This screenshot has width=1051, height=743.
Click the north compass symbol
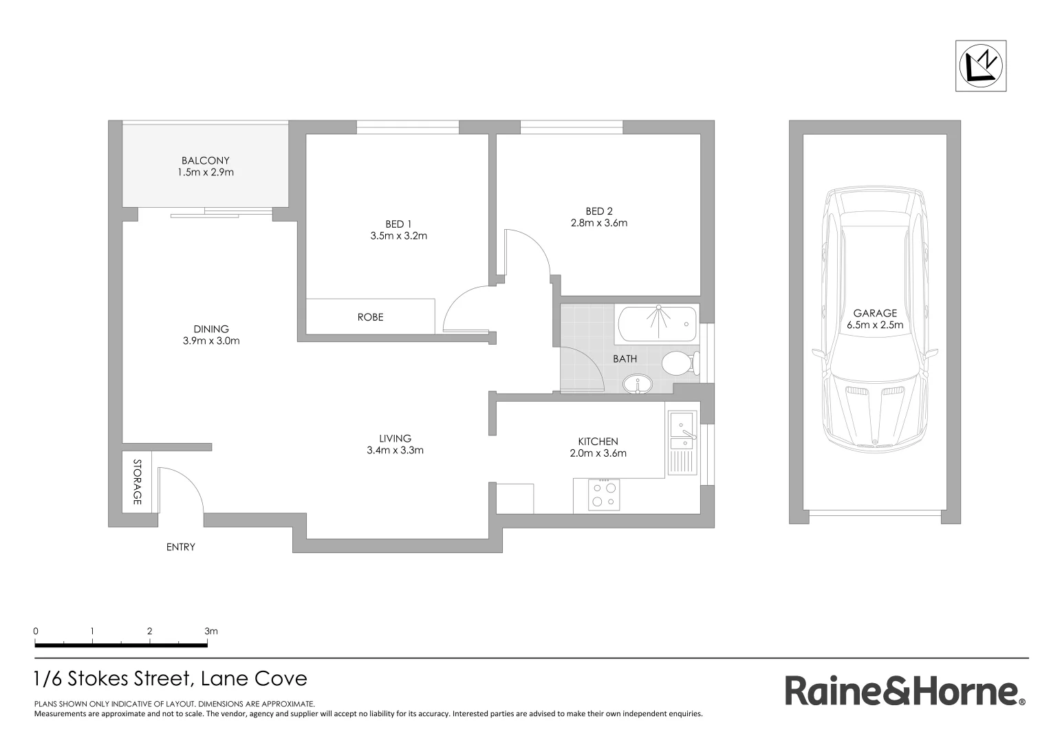(x=980, y=66)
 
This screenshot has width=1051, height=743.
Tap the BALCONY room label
(x=205, y=160)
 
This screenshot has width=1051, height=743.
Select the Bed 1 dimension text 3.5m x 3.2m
(x=398, y=236)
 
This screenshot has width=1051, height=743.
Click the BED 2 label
(x=598, y=211)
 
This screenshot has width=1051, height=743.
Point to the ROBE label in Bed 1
(x=370, y=317)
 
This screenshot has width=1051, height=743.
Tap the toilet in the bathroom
(x=680, y=363)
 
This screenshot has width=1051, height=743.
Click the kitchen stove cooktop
(x=603, y=495)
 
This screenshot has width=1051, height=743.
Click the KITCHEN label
(x=598, y=442)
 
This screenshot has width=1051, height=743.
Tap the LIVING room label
(x=395, y=438)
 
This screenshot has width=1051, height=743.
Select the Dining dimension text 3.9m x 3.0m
(x=211, y=341)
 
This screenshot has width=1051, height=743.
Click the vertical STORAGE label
(x=136, y=482)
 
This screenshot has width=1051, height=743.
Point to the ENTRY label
(x=181, y=547)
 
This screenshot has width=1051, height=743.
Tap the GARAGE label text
(x=875, y=313)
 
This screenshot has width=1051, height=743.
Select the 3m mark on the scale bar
(x=210, y=632)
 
